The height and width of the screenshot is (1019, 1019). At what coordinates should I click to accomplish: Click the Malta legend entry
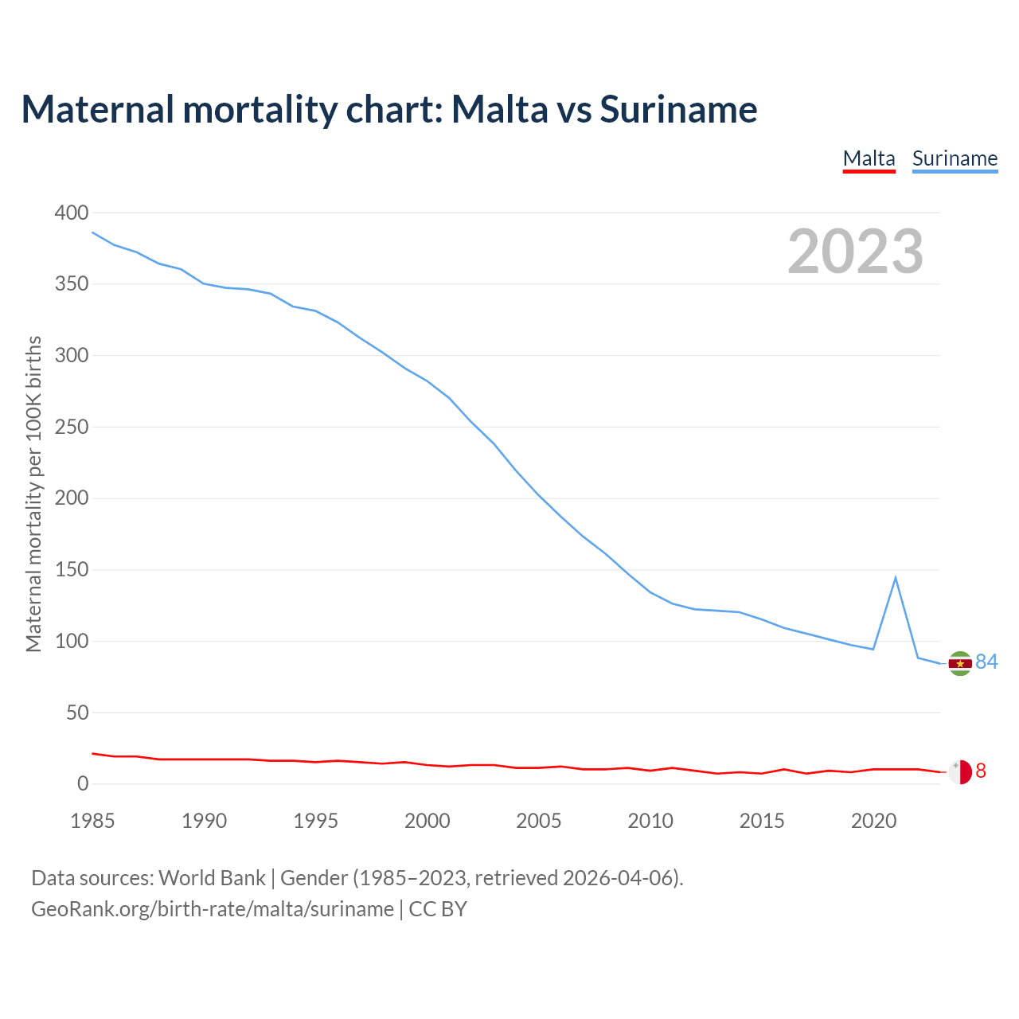pyautogui.click(x=869, y=158)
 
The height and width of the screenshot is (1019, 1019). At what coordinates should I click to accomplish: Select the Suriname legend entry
pyautogui.click(x=955, y=158)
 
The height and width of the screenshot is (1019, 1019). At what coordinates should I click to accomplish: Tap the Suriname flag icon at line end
pyautogui.click(x=960, y=663)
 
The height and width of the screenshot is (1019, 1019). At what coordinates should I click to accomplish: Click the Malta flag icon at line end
pyautogui.click(x=960, y=771)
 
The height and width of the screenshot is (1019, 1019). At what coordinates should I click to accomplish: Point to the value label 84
pyautogui.click(x=986, y=662)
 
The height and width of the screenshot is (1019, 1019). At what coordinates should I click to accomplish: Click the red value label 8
pyautogui.click(x=981, y=771)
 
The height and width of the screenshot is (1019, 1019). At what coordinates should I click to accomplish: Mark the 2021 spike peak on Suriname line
pyautogui.click(x=896, y=577)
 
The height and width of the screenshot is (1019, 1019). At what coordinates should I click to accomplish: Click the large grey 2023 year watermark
pyautogui.click(x=855, y=252)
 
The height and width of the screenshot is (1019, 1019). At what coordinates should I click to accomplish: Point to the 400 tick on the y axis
pyautogui.click(x=72, y=213)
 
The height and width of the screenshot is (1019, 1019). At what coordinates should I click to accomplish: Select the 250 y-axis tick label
pyautogui.click(x=72, y=427)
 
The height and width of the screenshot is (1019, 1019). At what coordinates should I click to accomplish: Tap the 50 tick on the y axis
pyautogui.click(x=77, y=713)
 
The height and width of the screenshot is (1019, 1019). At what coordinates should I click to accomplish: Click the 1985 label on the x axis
pyautogui.click(x=92, y=821)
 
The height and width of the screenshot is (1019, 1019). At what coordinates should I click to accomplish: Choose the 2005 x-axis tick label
pyautogui.click(x=539, y=821)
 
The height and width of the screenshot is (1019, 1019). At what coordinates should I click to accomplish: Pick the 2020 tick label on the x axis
pyautogui.click(x=873, y=821)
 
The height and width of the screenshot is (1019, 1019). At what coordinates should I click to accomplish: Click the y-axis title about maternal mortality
pyautogui.click(x=33, y=494)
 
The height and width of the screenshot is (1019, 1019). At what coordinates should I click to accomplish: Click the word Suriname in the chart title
pyautogui.click(x=678, y=109)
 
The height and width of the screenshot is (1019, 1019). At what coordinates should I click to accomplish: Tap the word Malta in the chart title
pyautogui.click(x=500, y=109)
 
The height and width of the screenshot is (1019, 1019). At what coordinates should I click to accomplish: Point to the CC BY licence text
pyautogui.click(x=438, y=909)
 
